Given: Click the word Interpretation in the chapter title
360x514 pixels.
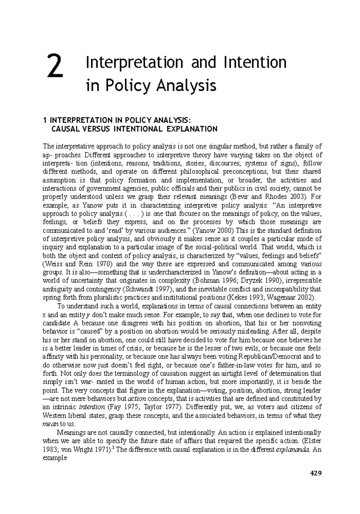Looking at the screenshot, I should pyautogui.click(x=134, y=63).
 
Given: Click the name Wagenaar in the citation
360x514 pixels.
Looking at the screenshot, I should pyautogui.click(x=292, y=298).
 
